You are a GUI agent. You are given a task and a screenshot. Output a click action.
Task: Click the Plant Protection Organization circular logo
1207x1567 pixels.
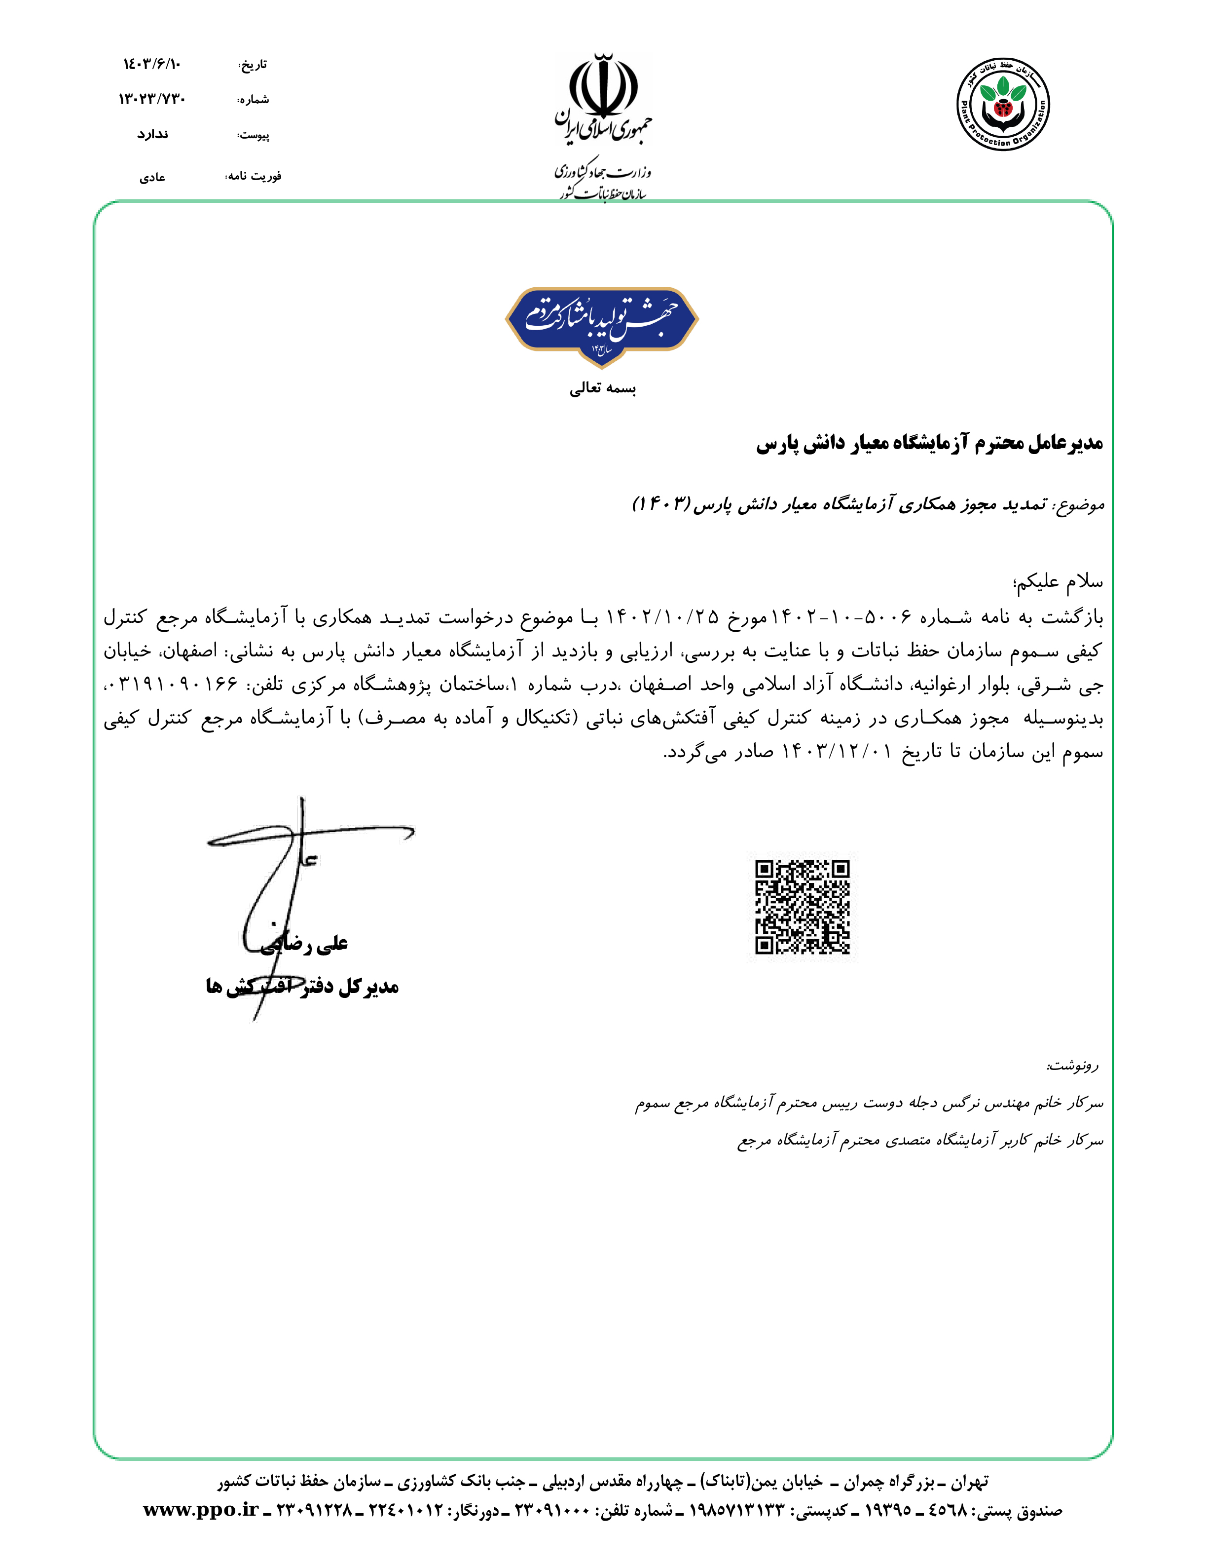tap(1003, 104)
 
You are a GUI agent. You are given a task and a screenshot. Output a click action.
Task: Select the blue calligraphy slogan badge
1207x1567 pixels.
tap(602, 324)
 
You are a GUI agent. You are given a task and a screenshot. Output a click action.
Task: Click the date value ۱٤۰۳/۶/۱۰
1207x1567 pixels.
tap(152, 65)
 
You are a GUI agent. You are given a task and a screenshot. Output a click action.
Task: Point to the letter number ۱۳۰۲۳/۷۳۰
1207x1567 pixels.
tap(152, 99)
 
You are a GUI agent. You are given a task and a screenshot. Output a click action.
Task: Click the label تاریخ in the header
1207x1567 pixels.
tap(253, 65)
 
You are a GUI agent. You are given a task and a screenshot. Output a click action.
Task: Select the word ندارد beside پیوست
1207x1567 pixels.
tap(153, 134)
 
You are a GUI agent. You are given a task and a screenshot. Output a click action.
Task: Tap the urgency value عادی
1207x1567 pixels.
tap(152, 177)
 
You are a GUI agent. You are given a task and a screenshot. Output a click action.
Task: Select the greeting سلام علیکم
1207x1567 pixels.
tap(1058, 582)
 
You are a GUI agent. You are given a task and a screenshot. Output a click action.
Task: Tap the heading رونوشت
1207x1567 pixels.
tap(1072, 1066)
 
